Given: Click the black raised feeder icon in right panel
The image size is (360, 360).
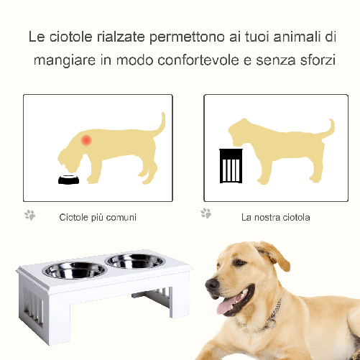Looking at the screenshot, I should click(x=228, y=168).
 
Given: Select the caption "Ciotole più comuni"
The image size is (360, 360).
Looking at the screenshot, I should click(x=98, y=217).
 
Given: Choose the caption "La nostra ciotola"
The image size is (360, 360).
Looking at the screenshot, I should click(x=276, y=217).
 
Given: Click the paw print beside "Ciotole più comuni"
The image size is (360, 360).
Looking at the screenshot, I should click(x=29, y=215).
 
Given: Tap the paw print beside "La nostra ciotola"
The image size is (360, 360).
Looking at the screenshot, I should click(x=206, y=213).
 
